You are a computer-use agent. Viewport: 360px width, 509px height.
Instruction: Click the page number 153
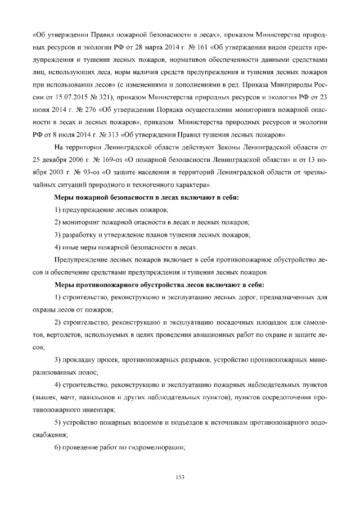[x=180, y=478]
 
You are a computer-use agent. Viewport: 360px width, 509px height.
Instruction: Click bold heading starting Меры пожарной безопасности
[x=146, y=198]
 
